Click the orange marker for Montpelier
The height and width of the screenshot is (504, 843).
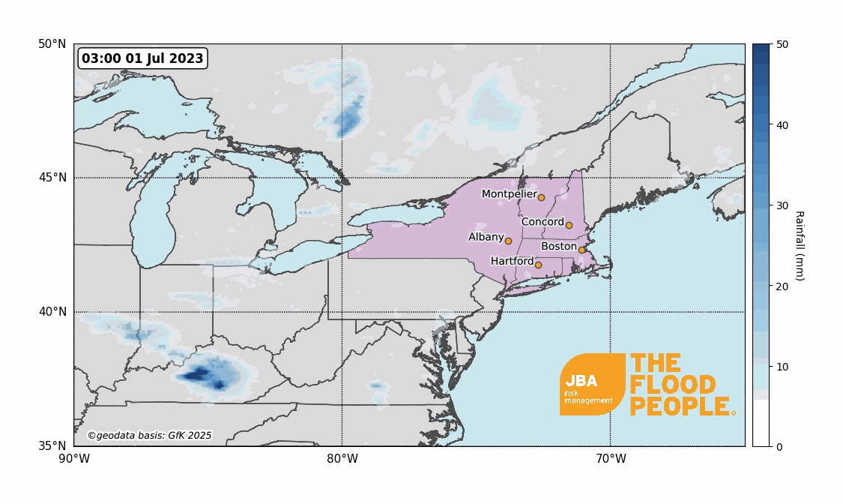pos(541,197)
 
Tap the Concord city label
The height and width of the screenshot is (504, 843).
pos(543,222)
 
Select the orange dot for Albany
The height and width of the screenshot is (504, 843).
pos(508,241)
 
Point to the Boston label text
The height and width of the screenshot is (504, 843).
pos(558,246)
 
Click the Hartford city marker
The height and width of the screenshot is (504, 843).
pos(538,265)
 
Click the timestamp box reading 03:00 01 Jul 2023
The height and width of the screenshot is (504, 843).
pos(142,58)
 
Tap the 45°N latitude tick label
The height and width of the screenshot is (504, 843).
pos(52,178)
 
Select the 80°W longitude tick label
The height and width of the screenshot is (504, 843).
pos(342,458)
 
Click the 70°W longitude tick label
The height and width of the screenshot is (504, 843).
pos(610,458)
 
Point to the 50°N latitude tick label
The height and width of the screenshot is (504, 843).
pos(52,44)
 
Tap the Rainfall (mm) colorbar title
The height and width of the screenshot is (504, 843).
pos(800,245)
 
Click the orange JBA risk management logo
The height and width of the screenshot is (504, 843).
pos(592,384)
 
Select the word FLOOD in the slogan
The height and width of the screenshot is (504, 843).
pos(673,385)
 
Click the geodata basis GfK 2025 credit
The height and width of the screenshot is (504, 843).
pos(150,435)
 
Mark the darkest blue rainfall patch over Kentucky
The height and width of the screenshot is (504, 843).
pos(199,373)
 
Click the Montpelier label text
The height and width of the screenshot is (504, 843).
pos(509,194)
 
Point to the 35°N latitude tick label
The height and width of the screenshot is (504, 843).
pos(52,446)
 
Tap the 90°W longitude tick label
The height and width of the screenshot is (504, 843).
pos(73,458)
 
